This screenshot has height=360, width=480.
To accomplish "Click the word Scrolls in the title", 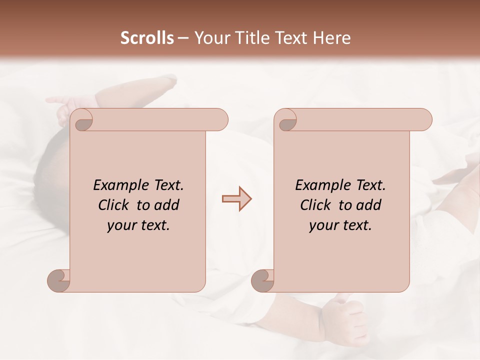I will coord(147,38).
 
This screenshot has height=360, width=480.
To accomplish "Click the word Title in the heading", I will coord(248,38).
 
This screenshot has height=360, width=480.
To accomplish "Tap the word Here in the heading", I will coord(331,38).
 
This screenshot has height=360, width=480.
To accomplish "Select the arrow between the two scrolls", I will coord(236,199).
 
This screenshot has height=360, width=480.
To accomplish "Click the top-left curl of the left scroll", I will coord(82,120).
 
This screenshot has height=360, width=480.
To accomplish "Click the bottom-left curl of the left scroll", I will coord(58,280).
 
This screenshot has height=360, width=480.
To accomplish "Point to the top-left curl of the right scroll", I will coord(287,120).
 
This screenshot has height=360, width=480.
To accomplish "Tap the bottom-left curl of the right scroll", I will coord(262,280).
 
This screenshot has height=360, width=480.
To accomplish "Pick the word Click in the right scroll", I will coord(316,205).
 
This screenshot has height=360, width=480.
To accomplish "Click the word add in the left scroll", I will coord(166,205).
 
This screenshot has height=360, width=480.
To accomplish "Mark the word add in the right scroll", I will coord(368,205).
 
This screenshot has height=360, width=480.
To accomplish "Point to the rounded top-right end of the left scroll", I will coord(220,119).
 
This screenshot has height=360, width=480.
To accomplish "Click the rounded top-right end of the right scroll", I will coord(424,119).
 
